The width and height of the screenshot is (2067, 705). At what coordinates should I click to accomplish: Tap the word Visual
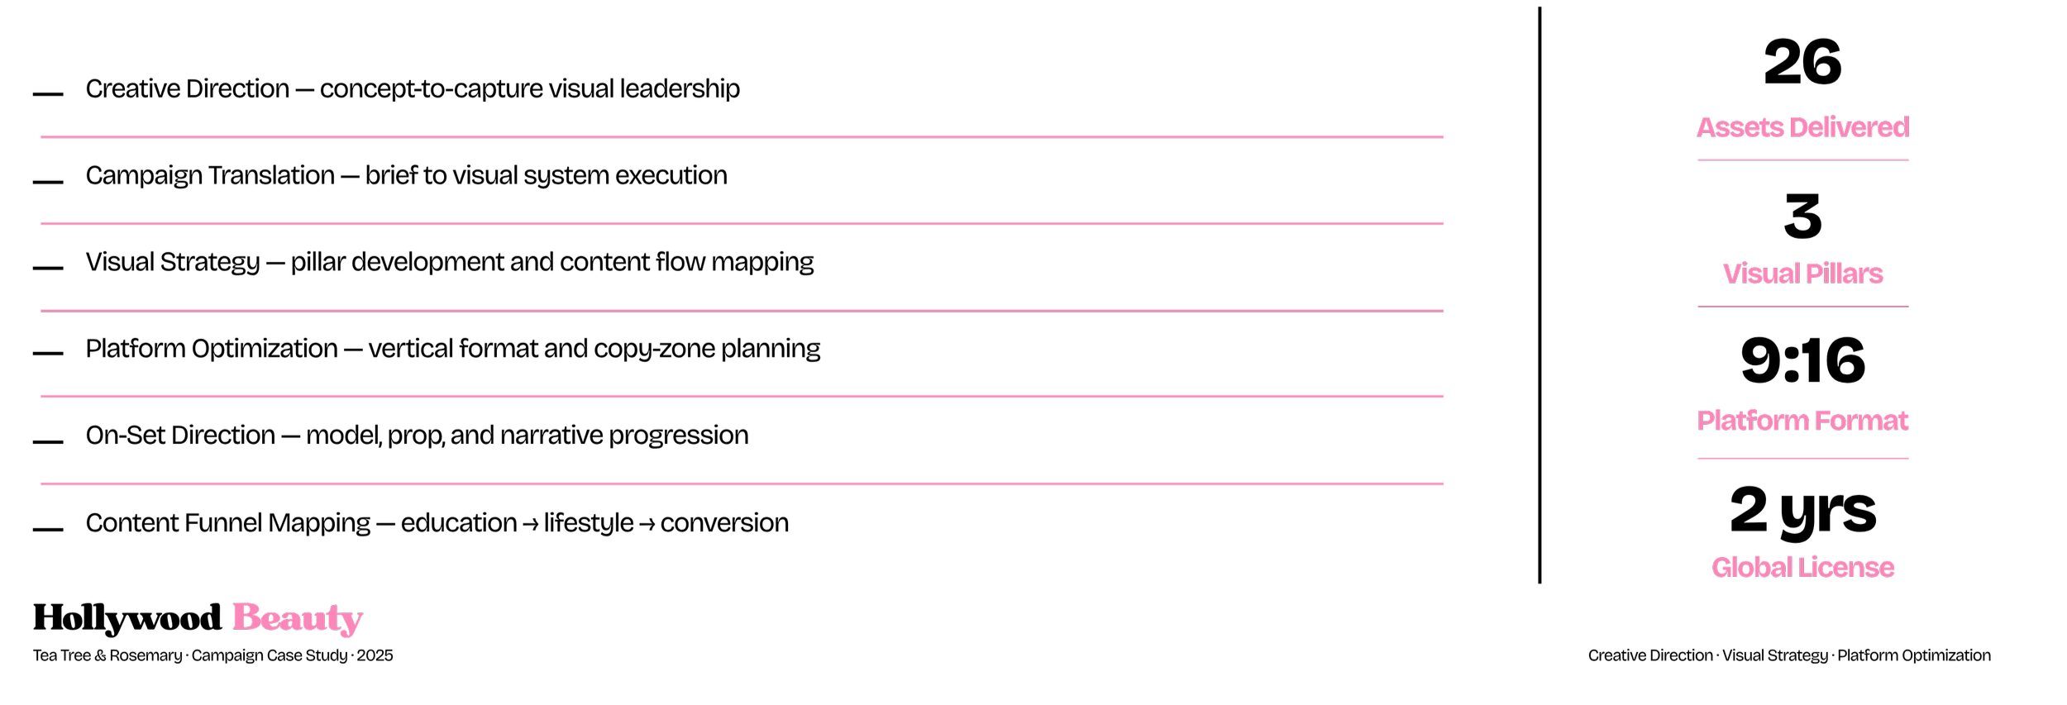point(1761,274)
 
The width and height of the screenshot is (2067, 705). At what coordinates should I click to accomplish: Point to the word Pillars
point(1845,274)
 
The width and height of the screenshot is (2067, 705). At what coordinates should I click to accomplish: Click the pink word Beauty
point(298,617)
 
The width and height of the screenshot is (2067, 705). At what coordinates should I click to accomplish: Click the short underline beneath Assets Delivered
point(1802,160)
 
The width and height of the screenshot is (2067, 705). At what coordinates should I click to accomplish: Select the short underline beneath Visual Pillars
point(1802,306)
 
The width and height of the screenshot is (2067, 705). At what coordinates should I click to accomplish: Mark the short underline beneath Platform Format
point(1802,458)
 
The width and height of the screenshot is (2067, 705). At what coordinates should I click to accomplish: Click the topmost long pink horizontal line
point(742,136)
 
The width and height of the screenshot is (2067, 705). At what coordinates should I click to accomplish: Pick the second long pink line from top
point(742,223)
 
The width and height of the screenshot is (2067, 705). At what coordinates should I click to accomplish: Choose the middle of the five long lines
point(742,311)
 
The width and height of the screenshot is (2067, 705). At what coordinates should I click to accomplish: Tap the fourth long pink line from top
point(742,396)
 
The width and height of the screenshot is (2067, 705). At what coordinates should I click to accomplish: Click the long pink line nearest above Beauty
point(742,483)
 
